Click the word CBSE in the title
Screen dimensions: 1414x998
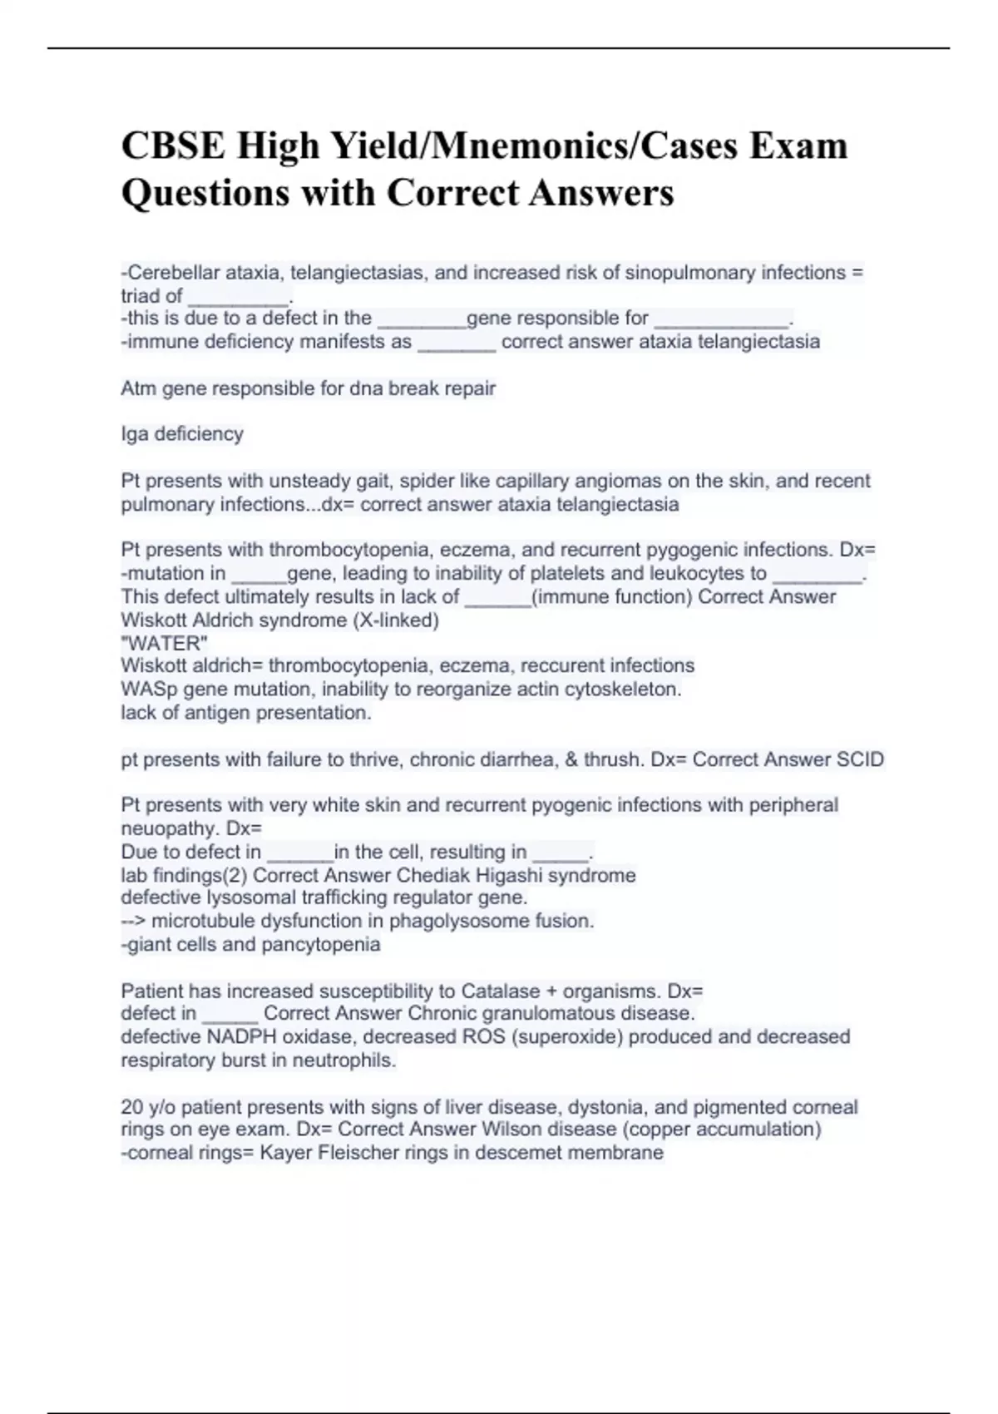(x=173, y=146)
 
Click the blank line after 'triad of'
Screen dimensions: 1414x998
(x=239, y=297)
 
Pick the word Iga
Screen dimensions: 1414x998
(x=135, y=434)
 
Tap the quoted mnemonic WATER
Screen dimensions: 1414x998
(x=164, y=643)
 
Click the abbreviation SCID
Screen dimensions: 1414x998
(x=859, y=759)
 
